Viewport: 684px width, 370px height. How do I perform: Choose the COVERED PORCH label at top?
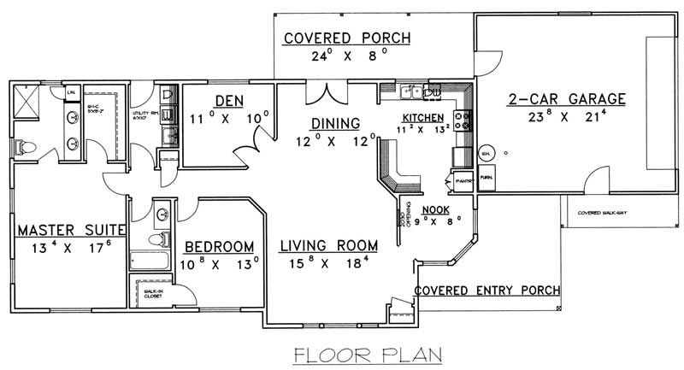click(x=347, y=38)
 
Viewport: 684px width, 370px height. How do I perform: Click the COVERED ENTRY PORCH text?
click(x=487, y=290)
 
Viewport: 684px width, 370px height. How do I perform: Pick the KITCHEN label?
click(x=423, y=117)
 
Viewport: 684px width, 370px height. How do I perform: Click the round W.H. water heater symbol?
click(x=486, y=152)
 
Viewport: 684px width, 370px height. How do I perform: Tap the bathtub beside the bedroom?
click(x=146, y=260)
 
